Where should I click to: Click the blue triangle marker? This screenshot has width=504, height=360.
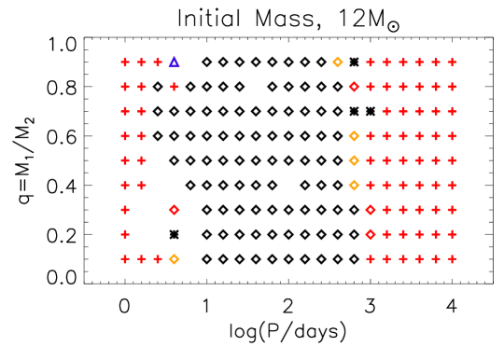(x=175, y=62)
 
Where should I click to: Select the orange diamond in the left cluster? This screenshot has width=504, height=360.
(x=175, y=259)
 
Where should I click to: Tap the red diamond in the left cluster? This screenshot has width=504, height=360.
(x=175, y=210)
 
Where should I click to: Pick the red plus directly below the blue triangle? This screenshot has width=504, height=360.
(x=175, y=87)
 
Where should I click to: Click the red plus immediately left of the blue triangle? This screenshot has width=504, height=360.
(x=158, y=62)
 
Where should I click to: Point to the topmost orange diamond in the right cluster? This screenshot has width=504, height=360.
(x=338, y=62)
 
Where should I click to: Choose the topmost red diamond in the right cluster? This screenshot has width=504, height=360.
(x=355, y=87)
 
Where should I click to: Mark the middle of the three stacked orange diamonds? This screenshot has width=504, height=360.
(x=355, y=160)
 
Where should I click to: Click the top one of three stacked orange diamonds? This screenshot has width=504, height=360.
(x=355, y=136)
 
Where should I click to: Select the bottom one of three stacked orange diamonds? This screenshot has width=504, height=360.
(x=355, y=186)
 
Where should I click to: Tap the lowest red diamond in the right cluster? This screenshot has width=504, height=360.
(x=371, y=235)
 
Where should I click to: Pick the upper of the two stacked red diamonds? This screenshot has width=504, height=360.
(x=371, y=210)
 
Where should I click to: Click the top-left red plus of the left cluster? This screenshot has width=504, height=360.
(x=125, y=62)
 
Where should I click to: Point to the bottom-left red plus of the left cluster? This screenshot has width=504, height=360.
(x=125, y=259)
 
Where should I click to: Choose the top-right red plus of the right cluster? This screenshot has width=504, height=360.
(x=452, y=62)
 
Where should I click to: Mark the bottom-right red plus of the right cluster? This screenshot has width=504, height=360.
(x=452, y=259)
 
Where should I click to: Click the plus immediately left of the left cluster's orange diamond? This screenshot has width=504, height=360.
(x=158, y=259)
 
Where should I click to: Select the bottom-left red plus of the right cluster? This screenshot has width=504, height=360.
(x=371, y=259)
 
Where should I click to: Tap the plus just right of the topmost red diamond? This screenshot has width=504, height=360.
(x=371, y=87)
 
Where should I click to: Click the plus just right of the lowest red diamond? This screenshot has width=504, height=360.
(x=386, y=235)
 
